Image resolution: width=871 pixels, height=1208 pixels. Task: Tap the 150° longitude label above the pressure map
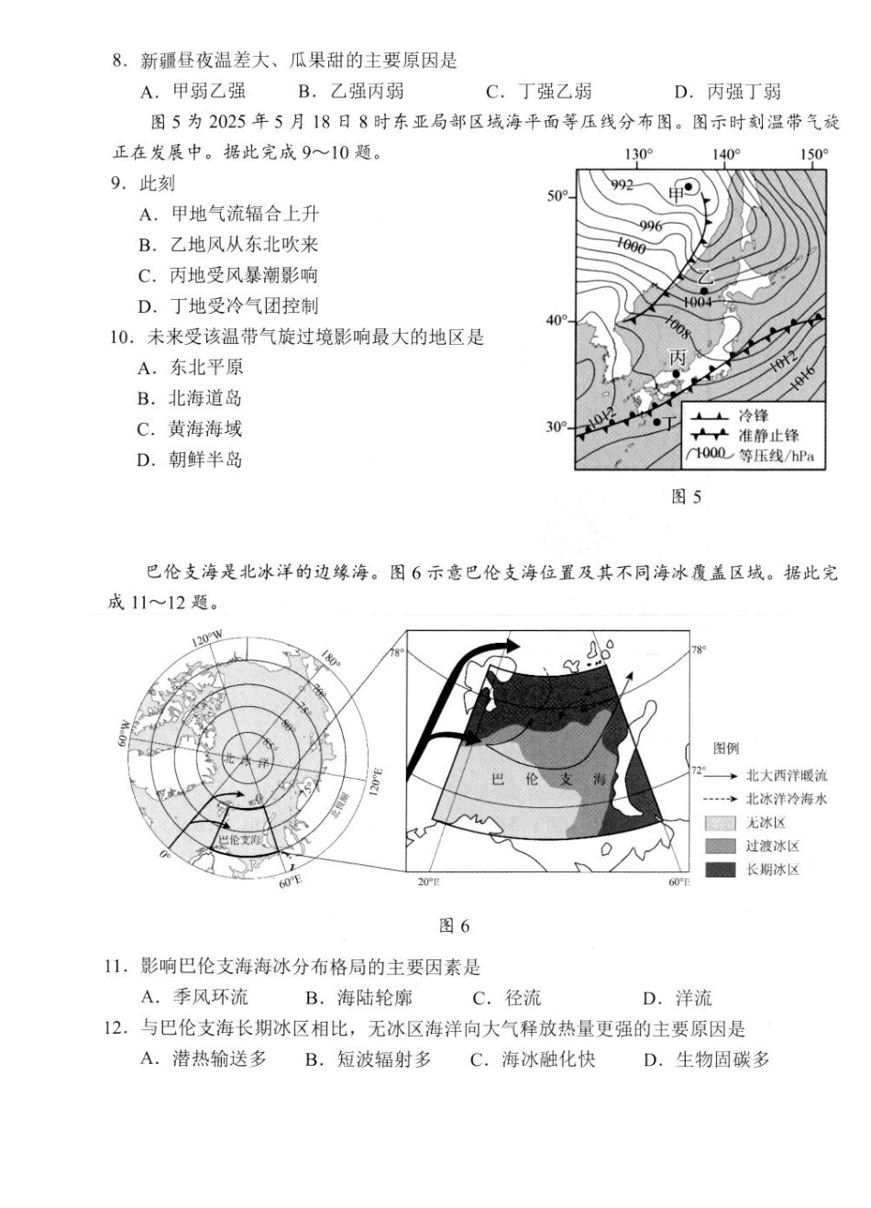(812, 154)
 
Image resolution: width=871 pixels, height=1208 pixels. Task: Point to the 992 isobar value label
(622, 184)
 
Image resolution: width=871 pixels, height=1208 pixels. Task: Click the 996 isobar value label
(650, 226)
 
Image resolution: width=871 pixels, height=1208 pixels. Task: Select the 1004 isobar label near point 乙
(699, 302)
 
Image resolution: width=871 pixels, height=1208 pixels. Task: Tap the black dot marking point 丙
(677, 372)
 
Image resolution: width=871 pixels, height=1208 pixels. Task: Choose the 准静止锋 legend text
(768, 435)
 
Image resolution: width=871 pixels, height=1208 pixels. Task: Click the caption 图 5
(686, 497)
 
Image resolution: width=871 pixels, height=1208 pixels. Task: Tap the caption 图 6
(455, 926)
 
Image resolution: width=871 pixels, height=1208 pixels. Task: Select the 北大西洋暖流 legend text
(786, 775)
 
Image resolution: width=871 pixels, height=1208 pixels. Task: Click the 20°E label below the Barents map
(428, 881)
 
